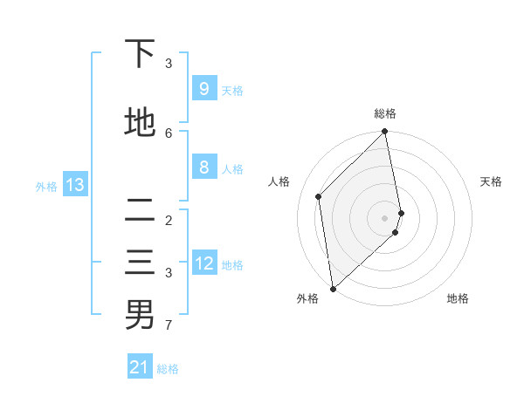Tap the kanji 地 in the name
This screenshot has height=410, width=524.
[x=140, y=123]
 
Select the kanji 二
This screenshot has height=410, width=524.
[x=140, y=210]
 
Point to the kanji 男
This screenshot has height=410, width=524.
[x=140, y=315]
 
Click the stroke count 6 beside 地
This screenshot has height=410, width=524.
[x=169, y=133]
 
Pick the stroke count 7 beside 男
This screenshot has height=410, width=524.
[x=169, y=325]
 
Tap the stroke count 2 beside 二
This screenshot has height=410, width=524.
[x=169, y=220]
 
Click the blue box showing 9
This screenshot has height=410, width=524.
[x=203, y=89]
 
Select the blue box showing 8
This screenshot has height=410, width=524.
[x=203, y=167]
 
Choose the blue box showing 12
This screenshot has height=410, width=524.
[x=204, y=263]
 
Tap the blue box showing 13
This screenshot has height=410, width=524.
[x=75, y=185]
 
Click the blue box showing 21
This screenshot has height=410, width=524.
[x=140, y=367]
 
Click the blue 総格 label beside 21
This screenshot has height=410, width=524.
[x=168, y=369]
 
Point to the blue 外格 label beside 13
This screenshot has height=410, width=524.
[x=46, y=186]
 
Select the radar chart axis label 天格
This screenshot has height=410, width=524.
[x=491, y=181]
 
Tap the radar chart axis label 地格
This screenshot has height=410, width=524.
[x=458, y=298]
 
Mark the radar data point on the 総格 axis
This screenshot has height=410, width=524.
[x=385, y=132]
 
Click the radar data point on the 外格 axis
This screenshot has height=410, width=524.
[x=332, y=288]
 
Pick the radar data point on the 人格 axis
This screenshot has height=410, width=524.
[x=319, y=196]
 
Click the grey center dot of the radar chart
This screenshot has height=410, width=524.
[x=385, y=217]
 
